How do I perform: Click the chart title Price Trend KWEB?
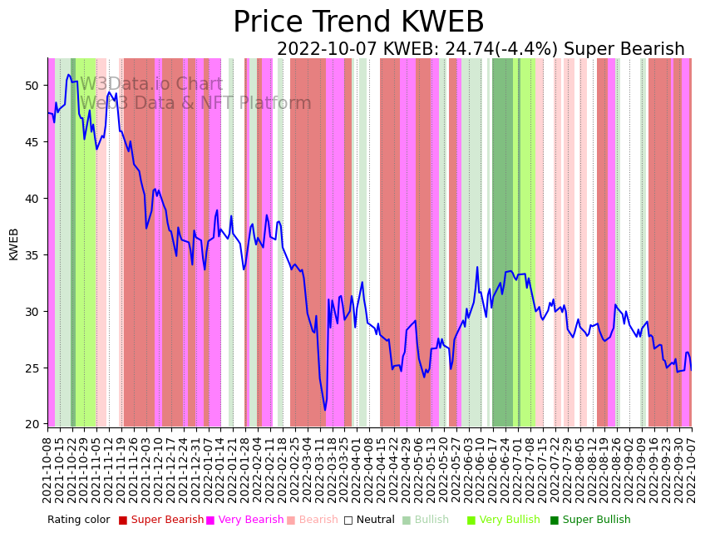(x=358, y=22)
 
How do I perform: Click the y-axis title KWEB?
(x=13, y=244)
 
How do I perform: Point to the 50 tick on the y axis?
(x=32, y=86)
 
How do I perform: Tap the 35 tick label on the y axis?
(x=32, y=255)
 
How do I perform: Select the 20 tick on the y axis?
(x=32, y=425)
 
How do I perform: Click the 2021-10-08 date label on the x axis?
(x=48, y=469)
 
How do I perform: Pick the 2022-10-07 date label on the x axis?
(x=691, y=469)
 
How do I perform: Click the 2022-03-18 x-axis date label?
(x=332, y=469)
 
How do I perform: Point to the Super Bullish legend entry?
(x=596, y=520)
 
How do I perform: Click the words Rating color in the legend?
(x=78, y=520)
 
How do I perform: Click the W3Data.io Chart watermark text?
(x=151, y=85)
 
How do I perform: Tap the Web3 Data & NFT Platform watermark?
(x=195, y=103)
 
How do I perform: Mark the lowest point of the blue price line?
(x=325, y=410)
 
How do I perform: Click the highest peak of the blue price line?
(x=69, y=75)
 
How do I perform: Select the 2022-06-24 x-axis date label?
(x=505, y=469)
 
